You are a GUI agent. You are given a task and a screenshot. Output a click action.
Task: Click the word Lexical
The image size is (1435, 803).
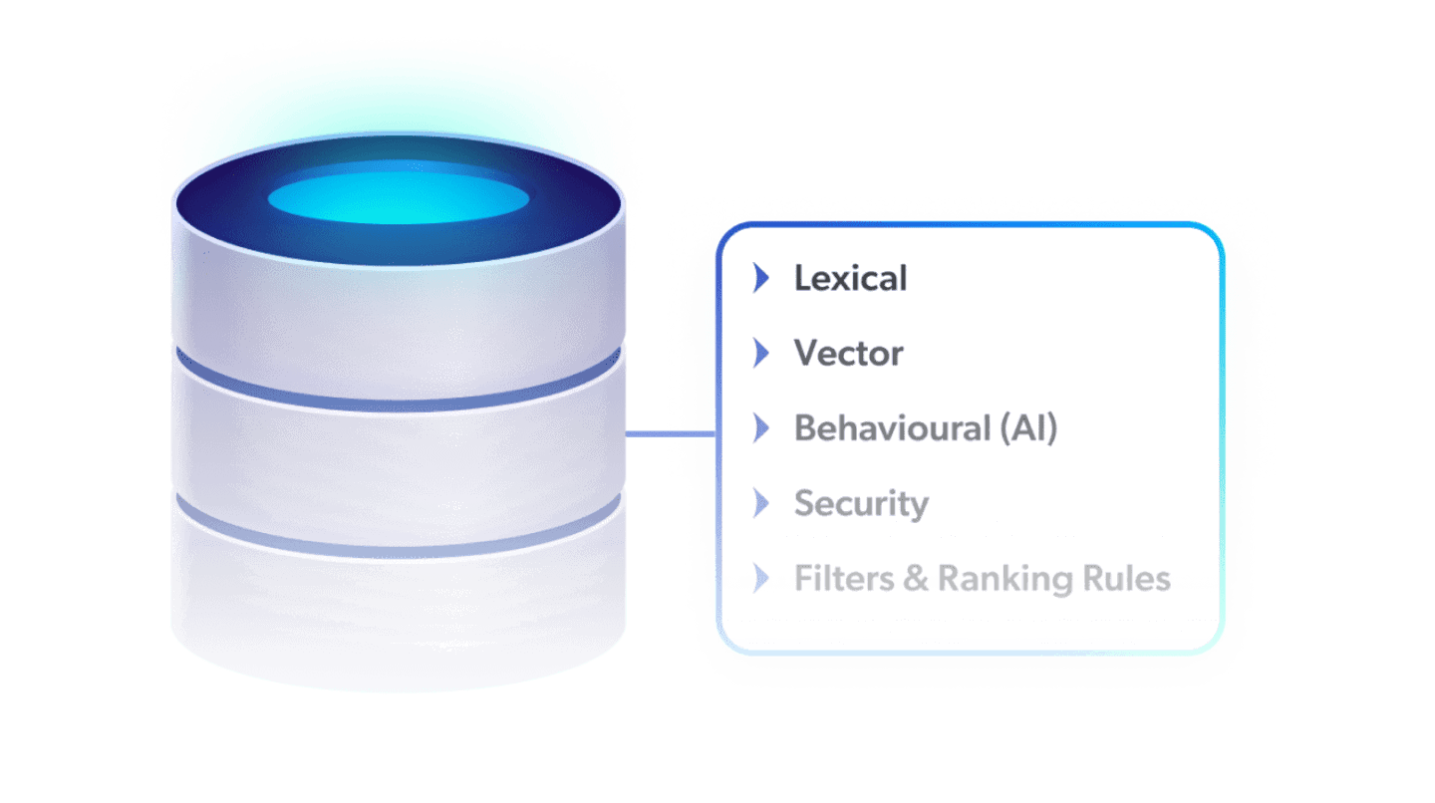click(850, 279)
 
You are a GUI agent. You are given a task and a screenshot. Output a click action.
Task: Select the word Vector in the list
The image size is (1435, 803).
click(848, 354)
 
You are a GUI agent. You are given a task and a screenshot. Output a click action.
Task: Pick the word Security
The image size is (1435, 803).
click(861, 504)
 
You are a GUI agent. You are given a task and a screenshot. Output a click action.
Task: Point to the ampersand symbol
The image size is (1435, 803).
click(915, 579)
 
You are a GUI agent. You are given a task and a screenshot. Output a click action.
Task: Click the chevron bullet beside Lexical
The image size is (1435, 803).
click(761, 279)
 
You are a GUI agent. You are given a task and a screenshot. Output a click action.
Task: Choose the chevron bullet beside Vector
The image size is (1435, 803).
click(761, 354)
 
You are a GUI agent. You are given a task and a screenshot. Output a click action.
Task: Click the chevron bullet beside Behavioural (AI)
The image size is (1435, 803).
click(761, 428)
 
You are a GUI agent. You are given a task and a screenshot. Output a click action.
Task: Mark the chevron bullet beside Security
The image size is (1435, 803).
click(761, 504)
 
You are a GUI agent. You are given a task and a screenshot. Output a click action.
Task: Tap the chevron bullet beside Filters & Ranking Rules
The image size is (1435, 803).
click(761, 579)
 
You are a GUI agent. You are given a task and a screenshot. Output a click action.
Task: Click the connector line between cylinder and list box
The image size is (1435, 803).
click(670, 434)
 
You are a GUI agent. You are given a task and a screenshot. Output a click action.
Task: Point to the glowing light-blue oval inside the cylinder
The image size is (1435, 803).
click(398, 196)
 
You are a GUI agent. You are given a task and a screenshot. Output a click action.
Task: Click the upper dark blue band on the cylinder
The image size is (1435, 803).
click(399, 395)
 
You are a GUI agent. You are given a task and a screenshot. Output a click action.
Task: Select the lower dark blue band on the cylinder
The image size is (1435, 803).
click(399, 544)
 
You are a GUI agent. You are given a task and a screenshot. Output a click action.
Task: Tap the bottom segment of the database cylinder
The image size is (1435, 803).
click(399, 618)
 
